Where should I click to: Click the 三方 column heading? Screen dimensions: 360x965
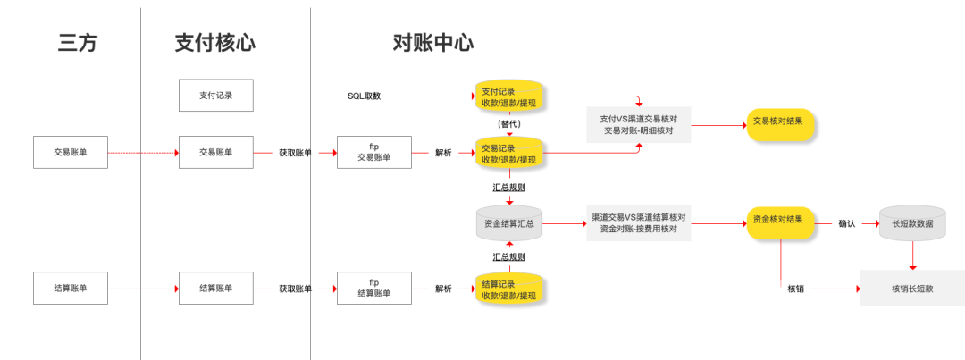point(78,43)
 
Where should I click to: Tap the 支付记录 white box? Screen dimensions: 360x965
point(216,96)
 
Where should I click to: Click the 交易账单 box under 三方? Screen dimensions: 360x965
point(70,153)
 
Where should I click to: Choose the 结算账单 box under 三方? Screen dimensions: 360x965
point(70,288)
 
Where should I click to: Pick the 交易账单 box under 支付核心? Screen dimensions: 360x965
point(216,153)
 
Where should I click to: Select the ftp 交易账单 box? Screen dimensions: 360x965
point(374,153)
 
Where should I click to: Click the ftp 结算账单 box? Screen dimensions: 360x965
point(374,288)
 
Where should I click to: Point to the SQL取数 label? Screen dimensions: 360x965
point(364,96)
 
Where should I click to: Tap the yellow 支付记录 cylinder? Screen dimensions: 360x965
point(509,96)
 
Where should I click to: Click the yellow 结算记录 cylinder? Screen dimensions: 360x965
point(509,289)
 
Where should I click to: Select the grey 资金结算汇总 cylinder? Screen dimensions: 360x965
point(509,223)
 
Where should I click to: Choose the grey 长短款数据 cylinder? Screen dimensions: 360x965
point(911,223)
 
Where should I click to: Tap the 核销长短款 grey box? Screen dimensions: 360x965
point(911,289)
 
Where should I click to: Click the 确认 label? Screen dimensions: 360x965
point(846,223)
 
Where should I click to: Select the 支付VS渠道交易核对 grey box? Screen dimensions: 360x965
point(638,124)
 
